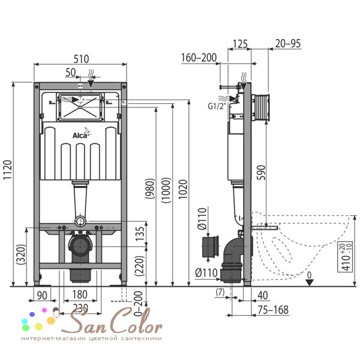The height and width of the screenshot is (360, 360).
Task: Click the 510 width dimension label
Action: coord(81,59)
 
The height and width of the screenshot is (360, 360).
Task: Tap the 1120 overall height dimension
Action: coord(8,170)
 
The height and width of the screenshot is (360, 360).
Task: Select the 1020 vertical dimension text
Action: coord(183,190)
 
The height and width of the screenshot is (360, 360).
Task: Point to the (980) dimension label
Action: coord(150,188)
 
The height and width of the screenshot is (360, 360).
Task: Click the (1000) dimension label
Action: coord(166,190)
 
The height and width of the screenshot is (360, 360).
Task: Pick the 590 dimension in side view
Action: coord(261,172)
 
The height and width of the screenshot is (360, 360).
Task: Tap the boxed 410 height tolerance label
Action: coord(345,257)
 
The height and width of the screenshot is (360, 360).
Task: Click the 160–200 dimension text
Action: coord(199,58)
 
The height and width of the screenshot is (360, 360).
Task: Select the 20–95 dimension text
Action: coord(288,43)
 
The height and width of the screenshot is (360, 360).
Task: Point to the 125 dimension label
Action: coord(240,44)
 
